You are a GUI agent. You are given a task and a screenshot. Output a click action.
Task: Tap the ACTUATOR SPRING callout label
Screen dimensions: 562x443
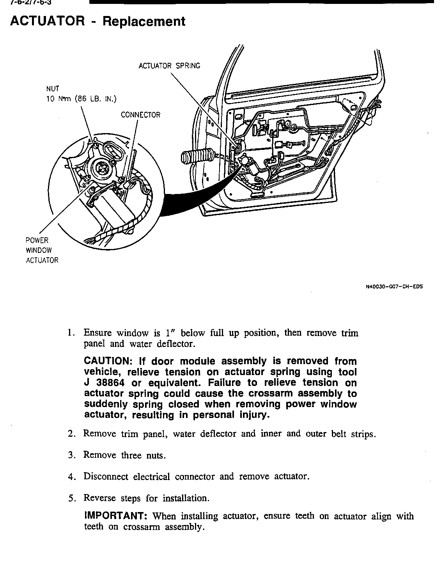click(x=169, y=66)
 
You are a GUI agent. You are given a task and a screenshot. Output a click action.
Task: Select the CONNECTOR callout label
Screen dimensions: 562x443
click(x=140, y=115)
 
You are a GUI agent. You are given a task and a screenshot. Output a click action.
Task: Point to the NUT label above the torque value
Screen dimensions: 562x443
click(x=53, y=89)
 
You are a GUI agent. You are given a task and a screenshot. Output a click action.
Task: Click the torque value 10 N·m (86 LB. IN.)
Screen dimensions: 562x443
click(x=81, y=99)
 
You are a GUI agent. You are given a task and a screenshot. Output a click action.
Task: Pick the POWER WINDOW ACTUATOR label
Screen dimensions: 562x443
click(x=42, y=250)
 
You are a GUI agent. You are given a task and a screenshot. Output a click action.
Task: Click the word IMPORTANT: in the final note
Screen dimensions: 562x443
click(x=115, y=516)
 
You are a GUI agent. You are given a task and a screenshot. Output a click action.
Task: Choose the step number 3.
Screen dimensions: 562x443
click(x=71, y=455)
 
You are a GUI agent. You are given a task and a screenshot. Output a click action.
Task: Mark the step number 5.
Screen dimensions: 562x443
click(x=71, y=498)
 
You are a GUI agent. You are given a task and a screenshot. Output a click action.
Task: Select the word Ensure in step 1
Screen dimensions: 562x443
click(x=97, y=333)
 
